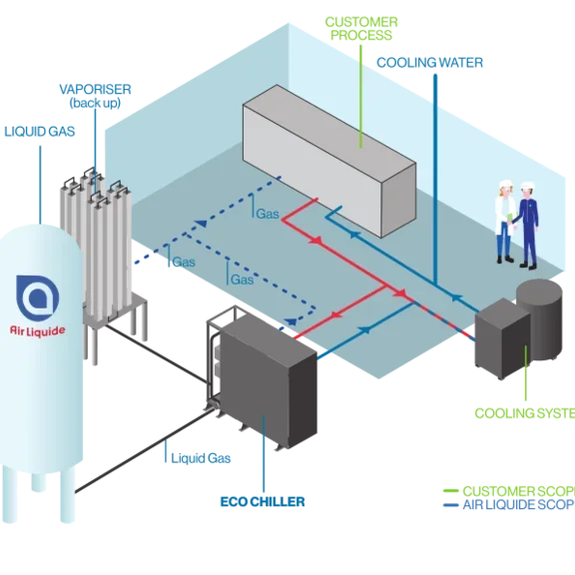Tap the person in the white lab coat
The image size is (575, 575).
tap(505, 221)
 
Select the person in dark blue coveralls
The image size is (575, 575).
tap(526, 226)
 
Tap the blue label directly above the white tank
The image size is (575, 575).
tap(38, 131)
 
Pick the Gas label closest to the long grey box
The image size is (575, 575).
tap(267, 214)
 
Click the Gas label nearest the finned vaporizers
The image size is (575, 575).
tap(183, 263)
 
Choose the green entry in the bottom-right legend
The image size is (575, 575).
tap(506, 490)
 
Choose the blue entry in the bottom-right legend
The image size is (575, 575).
tap(506, 504)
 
